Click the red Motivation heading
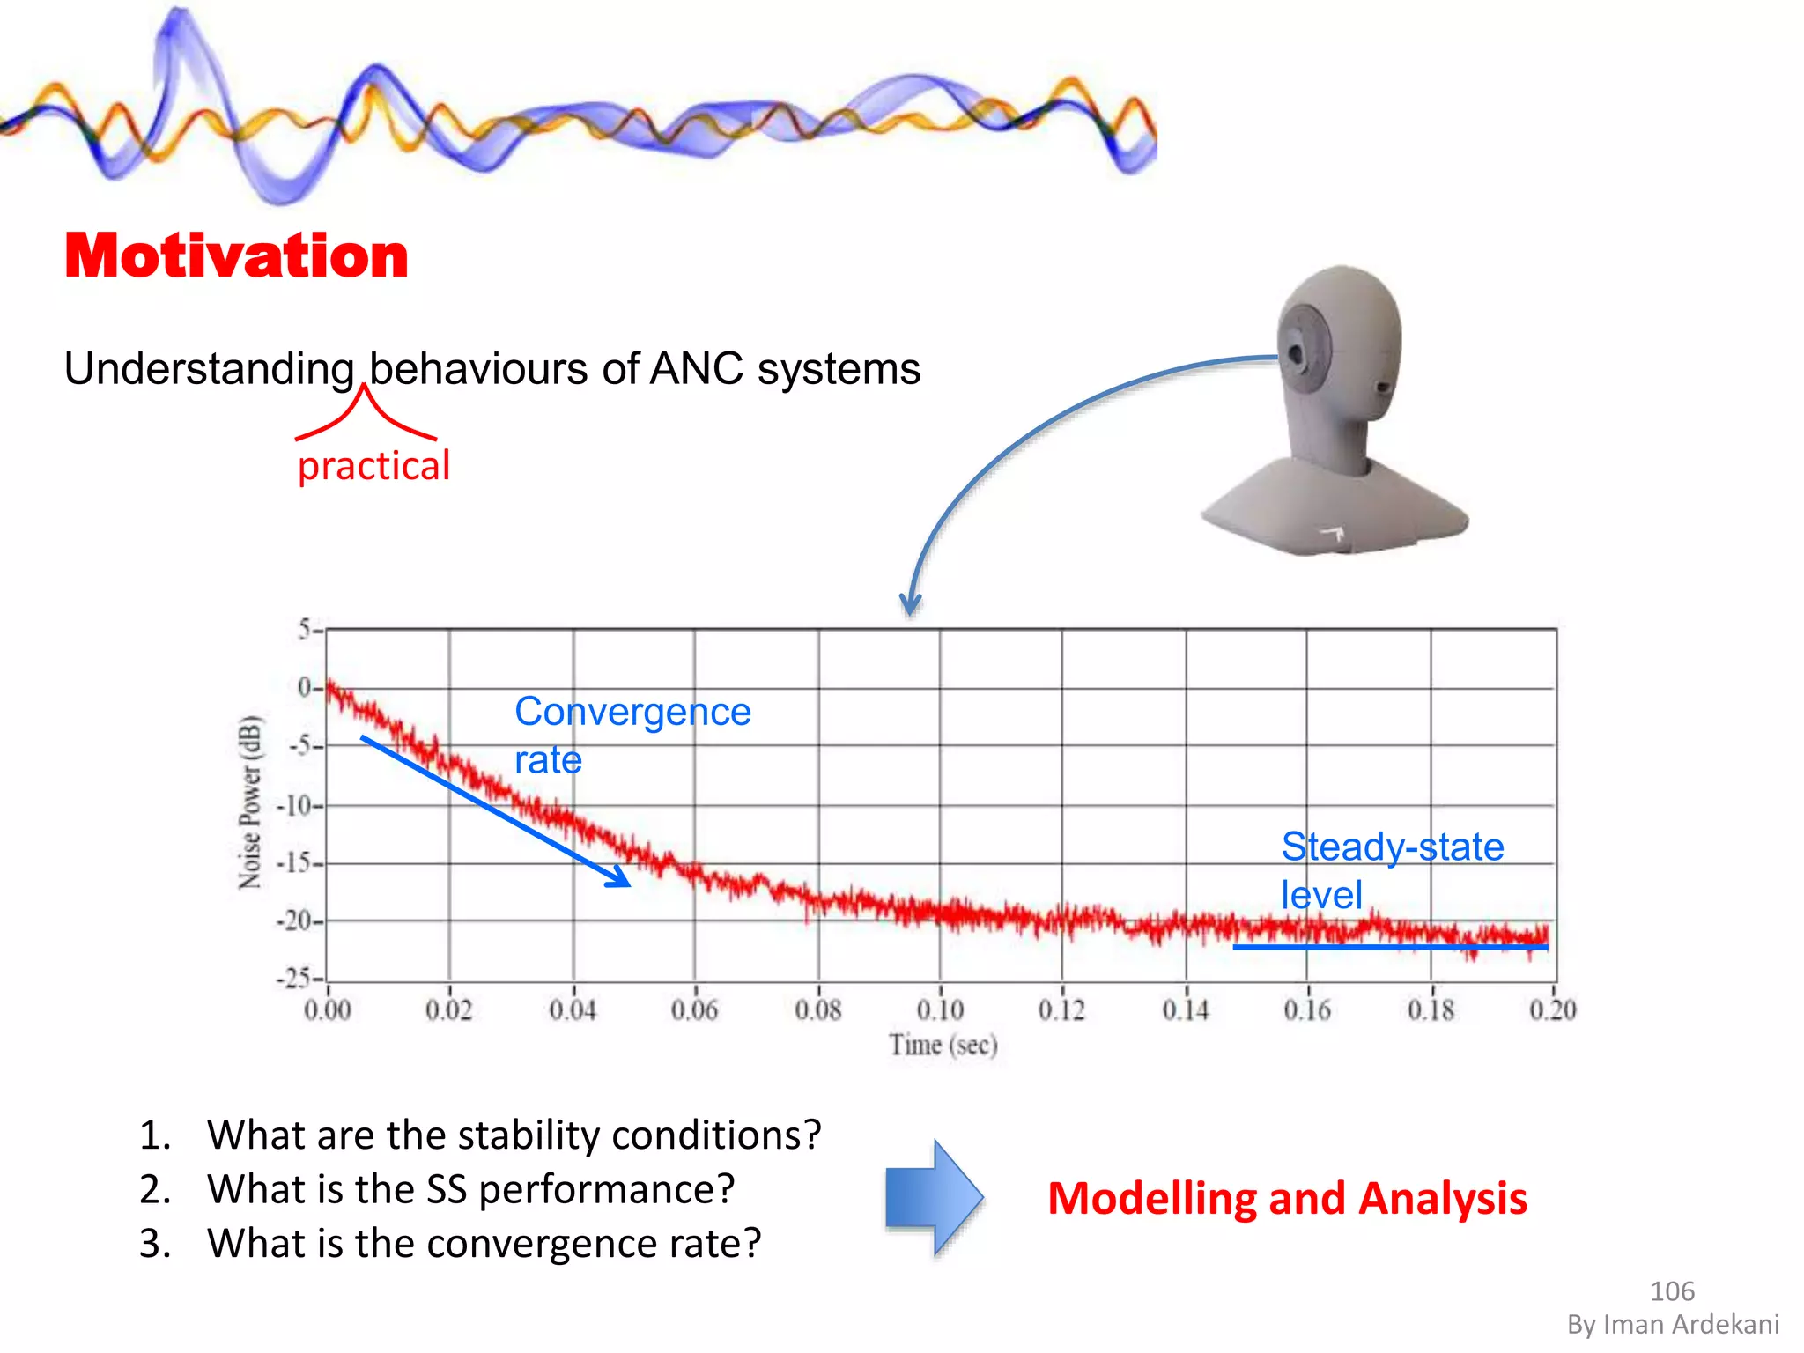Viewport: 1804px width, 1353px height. pos(236,255)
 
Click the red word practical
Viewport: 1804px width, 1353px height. pos(373,466)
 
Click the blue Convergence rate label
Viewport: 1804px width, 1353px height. pos(632,735)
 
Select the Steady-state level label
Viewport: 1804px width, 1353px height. pos(1392,870)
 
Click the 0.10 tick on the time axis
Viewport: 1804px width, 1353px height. pos(940,1009)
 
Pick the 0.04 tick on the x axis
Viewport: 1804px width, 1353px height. pos(573,1009)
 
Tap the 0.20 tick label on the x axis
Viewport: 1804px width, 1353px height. pos(1552,1009)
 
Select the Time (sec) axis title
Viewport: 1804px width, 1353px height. pos(943,1046)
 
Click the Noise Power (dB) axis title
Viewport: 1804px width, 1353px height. pos(250,802)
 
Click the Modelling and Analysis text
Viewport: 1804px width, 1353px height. pos(1287,1199)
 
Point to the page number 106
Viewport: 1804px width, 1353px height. pos(1672,1291)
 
